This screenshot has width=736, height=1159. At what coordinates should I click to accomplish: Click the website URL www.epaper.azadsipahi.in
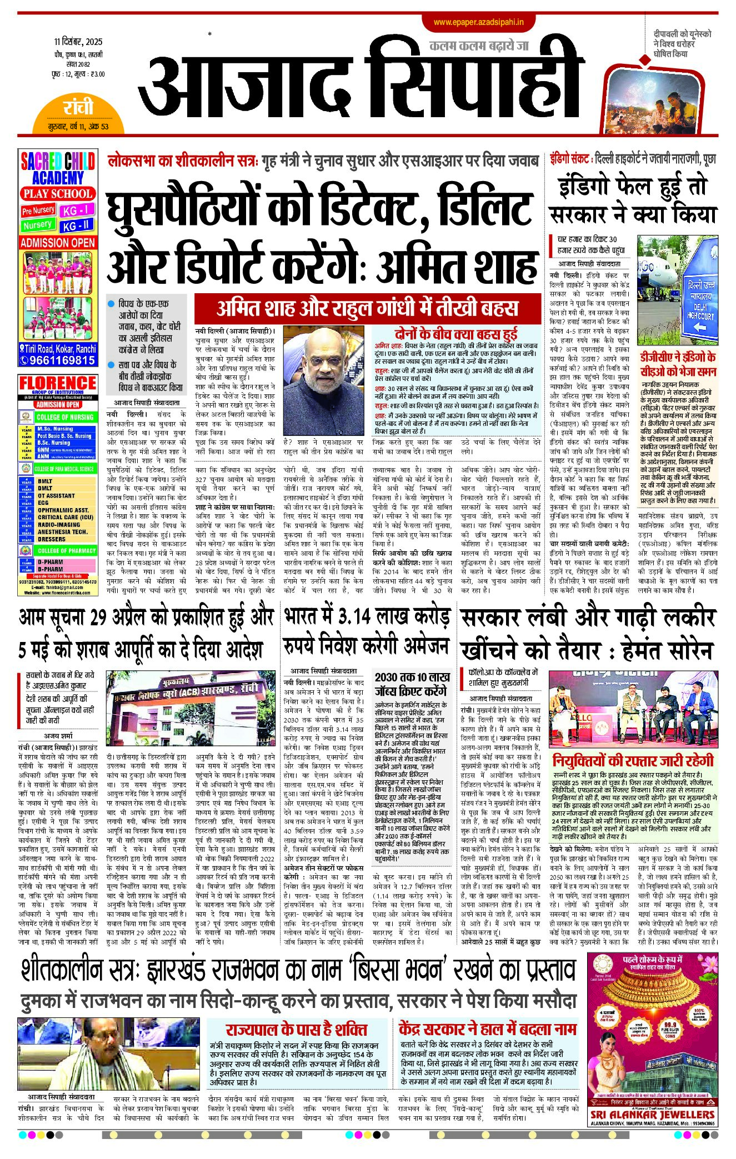[478, 22]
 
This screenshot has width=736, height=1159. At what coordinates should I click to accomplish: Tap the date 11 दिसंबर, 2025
[78, 42]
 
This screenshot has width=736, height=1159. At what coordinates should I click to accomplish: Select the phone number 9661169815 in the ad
[62, 360]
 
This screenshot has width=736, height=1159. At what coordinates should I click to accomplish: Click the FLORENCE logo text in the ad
[58, 383]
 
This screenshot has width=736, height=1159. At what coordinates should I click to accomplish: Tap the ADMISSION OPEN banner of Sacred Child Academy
[58, 243]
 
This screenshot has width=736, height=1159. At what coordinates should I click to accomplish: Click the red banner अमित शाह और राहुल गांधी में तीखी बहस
[367, 308]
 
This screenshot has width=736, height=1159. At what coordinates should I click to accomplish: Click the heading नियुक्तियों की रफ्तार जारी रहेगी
[633, 760]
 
